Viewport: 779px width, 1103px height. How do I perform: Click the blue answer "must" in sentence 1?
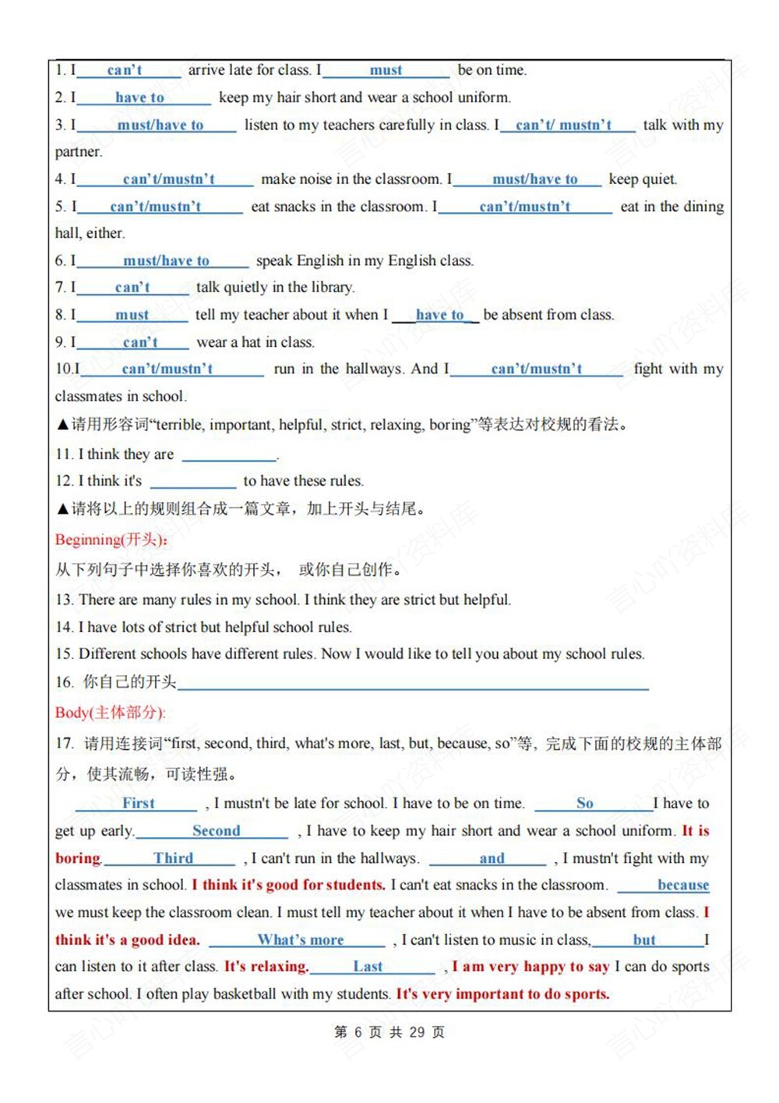tap(386, 71)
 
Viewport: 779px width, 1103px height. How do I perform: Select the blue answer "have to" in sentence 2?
tap(139, 98)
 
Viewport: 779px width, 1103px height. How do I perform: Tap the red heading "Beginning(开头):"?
tap(111, 539)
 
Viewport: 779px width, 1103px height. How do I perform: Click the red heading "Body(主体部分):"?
tap(110, 712)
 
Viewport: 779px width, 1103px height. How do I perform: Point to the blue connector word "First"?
tap(139, 804)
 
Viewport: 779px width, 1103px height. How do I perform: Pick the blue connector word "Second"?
tap(216, 831)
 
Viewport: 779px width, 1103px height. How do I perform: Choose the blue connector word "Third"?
tap(173, 858)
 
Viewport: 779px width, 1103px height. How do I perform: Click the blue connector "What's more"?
tap(301, 940)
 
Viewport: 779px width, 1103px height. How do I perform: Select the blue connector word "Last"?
tap(368, 967)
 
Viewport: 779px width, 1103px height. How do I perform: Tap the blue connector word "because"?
tap(683, 886)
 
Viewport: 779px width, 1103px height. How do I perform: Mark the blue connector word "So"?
tap(585, 804)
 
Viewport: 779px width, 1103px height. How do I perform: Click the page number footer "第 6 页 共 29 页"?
tap(389, 1032)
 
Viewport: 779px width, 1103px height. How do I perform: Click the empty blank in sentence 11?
tap(229, 455)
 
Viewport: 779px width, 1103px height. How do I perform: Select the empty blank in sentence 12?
tap(192, 482)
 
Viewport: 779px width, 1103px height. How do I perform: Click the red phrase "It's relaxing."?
tap(266, 967)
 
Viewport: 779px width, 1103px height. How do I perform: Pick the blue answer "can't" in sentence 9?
tap(140, 343)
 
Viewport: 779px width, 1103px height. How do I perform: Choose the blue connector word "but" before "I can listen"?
tap(644, 940)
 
